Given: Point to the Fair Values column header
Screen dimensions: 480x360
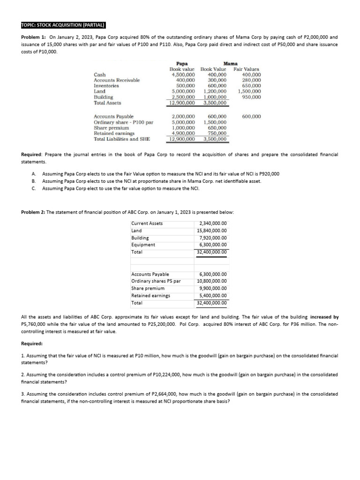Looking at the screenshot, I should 246,69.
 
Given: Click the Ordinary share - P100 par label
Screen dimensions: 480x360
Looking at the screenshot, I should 123,122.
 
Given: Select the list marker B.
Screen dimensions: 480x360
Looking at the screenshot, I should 34,181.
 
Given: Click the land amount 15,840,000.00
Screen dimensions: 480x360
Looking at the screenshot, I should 212,231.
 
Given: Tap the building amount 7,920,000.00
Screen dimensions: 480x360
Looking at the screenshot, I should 214,238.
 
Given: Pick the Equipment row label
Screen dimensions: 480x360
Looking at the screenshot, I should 143,245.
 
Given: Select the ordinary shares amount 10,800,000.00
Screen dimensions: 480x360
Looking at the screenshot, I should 212,281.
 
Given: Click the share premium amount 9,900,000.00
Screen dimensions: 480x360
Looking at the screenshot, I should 214,288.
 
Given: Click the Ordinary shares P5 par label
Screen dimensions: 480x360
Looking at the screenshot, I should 156,281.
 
